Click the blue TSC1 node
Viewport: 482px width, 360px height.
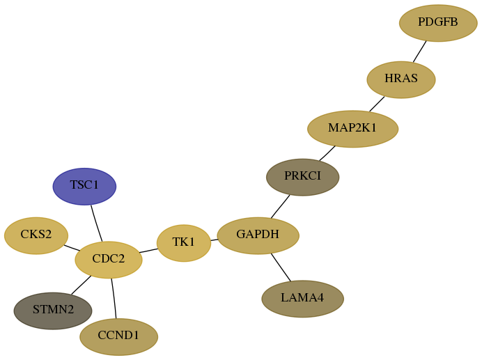point(84,187)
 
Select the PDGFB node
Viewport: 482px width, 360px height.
point(438,23)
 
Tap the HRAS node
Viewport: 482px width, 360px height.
point(401,79)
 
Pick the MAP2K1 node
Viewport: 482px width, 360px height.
point(353,129)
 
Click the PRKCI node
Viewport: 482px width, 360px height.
point(303,177)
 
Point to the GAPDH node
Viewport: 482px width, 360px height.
point(258,235)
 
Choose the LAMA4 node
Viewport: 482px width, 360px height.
point(303,299)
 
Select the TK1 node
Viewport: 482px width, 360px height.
point(184,243)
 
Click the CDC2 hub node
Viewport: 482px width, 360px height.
point(109,260)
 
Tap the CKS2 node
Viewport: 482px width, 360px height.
point(36,235)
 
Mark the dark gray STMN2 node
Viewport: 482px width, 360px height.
point(53,311)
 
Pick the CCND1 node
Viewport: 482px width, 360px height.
point(119,336)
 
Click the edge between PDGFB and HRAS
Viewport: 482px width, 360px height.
point(419,52)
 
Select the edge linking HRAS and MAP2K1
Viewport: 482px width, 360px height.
point(377,104)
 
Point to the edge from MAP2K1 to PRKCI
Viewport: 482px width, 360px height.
point(327,153)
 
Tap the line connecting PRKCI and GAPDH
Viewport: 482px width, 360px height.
point(280,207)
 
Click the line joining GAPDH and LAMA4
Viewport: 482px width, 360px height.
point(281,267)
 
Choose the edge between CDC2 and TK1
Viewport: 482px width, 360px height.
point(149,251)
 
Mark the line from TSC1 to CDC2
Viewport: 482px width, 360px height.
point(96,224)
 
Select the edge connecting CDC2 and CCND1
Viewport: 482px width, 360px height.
point(114,298)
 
